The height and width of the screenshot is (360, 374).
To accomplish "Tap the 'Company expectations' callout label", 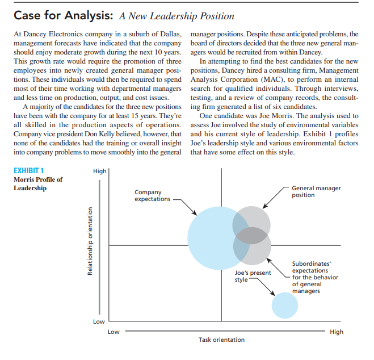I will [x=152, y=195].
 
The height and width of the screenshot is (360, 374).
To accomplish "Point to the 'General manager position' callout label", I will [x=316, y=191].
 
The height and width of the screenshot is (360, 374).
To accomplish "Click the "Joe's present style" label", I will [x=253, y=277].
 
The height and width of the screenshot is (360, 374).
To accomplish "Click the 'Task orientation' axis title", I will [x=221, y=340].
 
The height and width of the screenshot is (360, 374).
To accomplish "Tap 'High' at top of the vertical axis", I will [x=98, y=170].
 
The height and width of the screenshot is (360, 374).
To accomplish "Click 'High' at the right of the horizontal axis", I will [x=336, y=332].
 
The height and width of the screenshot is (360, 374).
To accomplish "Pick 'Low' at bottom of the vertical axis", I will [x=98, y=321].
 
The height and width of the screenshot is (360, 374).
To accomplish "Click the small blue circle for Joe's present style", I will [x=284, y=305].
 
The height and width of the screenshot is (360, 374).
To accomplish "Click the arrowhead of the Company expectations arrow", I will [x=196, y=215].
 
